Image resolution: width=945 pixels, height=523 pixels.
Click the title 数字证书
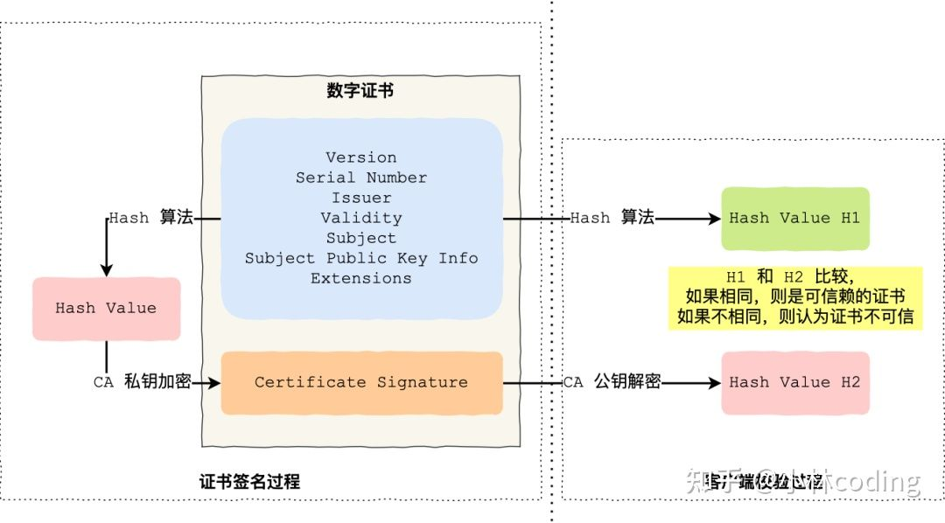(x=360, y=91)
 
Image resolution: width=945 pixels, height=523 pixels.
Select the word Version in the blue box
(x=360, y=157)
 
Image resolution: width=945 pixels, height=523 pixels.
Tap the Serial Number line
(x=360, y=178)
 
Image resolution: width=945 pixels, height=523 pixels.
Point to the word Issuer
(x=360, y=198)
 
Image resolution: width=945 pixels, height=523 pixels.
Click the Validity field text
(x=360, y=218)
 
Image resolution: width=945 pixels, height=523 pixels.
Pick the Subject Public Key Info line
(x=360, y=258)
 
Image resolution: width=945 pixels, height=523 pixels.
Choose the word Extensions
(x=360, y=278)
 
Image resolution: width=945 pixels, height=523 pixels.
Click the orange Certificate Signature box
(x=360, y=382)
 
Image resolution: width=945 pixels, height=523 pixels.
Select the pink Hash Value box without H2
(x=106, y=308)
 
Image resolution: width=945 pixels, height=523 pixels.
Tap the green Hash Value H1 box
(x=794, y=218)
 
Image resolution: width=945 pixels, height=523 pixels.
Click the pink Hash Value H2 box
(x=794, y=382)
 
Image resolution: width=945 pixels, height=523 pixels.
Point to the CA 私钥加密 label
(x=142, y=382)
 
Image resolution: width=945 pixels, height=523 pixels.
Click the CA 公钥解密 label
(x=611, y=382)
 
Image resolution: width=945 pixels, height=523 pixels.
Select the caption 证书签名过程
(x=249, y=482)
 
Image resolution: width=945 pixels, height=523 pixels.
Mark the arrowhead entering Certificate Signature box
(x=213, y=382)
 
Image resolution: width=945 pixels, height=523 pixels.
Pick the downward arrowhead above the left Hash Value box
(x=106, y=269)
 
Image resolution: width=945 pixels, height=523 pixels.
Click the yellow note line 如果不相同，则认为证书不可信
(x=794, y=316)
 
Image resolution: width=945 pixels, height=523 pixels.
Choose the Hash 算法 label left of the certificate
(x=150, y=218)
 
